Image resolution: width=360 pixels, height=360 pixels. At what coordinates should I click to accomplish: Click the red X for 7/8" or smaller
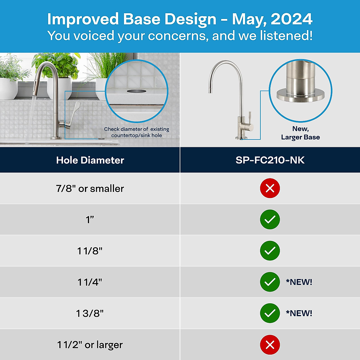click(270, 188)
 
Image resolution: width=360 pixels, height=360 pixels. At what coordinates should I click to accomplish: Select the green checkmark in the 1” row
click(270, 220)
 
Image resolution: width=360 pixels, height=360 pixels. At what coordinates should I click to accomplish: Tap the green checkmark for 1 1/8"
click(270, 251)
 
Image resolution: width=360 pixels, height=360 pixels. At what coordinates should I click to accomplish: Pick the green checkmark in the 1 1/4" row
click(270, 282)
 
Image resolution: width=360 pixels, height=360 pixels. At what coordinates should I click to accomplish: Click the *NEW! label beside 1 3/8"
click(299, 313)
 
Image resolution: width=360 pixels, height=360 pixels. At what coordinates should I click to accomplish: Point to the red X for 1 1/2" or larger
click(270, 345)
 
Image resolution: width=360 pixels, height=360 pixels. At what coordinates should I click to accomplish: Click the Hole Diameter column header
click(90, 160)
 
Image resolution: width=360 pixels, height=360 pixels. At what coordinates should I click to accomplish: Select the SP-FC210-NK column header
click(270, 160)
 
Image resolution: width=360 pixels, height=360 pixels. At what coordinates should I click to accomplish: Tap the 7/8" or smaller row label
click(90, 189)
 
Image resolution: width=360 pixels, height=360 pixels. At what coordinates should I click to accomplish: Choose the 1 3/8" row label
click(90, 313)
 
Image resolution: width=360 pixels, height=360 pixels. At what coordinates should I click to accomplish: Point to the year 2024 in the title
click(292, 19)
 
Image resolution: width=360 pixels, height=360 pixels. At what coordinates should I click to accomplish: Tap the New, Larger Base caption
click(300, 133)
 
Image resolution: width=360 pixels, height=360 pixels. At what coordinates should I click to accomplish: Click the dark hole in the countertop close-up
click(136, 91)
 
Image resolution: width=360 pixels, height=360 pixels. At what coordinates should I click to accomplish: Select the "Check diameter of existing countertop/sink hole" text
click(136, 132)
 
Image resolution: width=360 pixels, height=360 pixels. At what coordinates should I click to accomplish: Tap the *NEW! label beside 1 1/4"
click(299, 282)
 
